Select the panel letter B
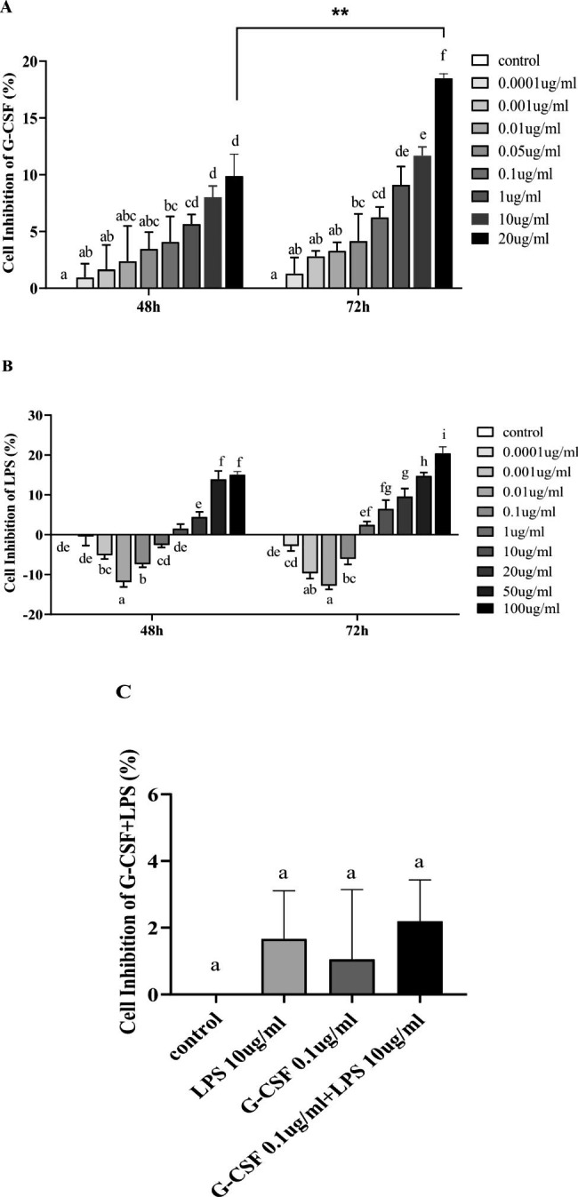pyautogui.click(x=7, y=363)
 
